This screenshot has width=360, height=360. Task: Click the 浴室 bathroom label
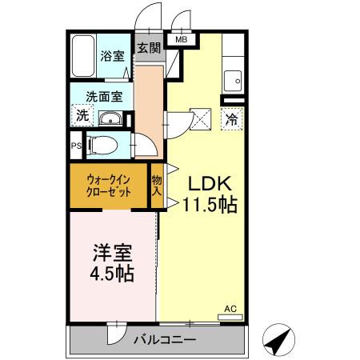point(111,57)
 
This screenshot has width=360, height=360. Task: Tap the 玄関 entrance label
point(148,47)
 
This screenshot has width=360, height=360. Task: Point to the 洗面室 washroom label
point(105,96)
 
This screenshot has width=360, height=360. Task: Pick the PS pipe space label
point(76,146)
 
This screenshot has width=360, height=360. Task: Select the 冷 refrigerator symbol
point(231,121)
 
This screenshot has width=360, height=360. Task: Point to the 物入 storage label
point(157,186)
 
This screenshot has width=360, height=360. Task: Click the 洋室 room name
point(110,252)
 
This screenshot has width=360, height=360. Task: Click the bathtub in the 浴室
point(83,57)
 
